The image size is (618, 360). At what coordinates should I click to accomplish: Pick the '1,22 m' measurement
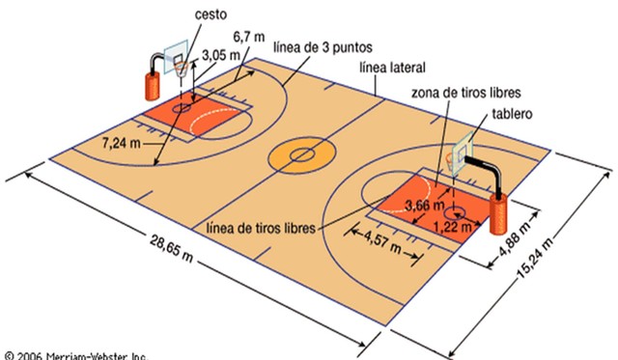[x=453, y=227]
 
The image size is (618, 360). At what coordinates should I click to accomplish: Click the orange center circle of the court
[x=302, y=153]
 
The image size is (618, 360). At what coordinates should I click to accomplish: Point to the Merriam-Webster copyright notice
[x=75, y=353]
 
